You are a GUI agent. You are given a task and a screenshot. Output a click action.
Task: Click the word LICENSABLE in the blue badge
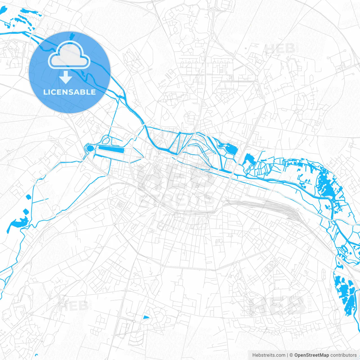(69, 92)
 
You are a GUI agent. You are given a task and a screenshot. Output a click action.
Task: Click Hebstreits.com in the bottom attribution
(269, 355)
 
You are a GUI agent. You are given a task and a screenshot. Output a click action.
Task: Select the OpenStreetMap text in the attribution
(311, 355)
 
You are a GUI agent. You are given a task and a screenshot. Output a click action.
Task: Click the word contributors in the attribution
(343, 355)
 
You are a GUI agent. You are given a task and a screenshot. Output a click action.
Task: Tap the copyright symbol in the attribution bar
(291, 355)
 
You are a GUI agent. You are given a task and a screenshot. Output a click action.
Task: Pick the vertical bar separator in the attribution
(287, 355)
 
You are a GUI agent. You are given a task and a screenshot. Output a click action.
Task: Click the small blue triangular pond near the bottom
(146, 317)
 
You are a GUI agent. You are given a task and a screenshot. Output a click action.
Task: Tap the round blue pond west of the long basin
(90, 148)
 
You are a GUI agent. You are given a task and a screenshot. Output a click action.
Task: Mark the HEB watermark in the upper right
(280, 48)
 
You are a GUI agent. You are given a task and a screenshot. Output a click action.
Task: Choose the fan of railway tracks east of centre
(284, 210)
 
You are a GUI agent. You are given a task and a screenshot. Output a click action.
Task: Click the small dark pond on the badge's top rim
(72, 36)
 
